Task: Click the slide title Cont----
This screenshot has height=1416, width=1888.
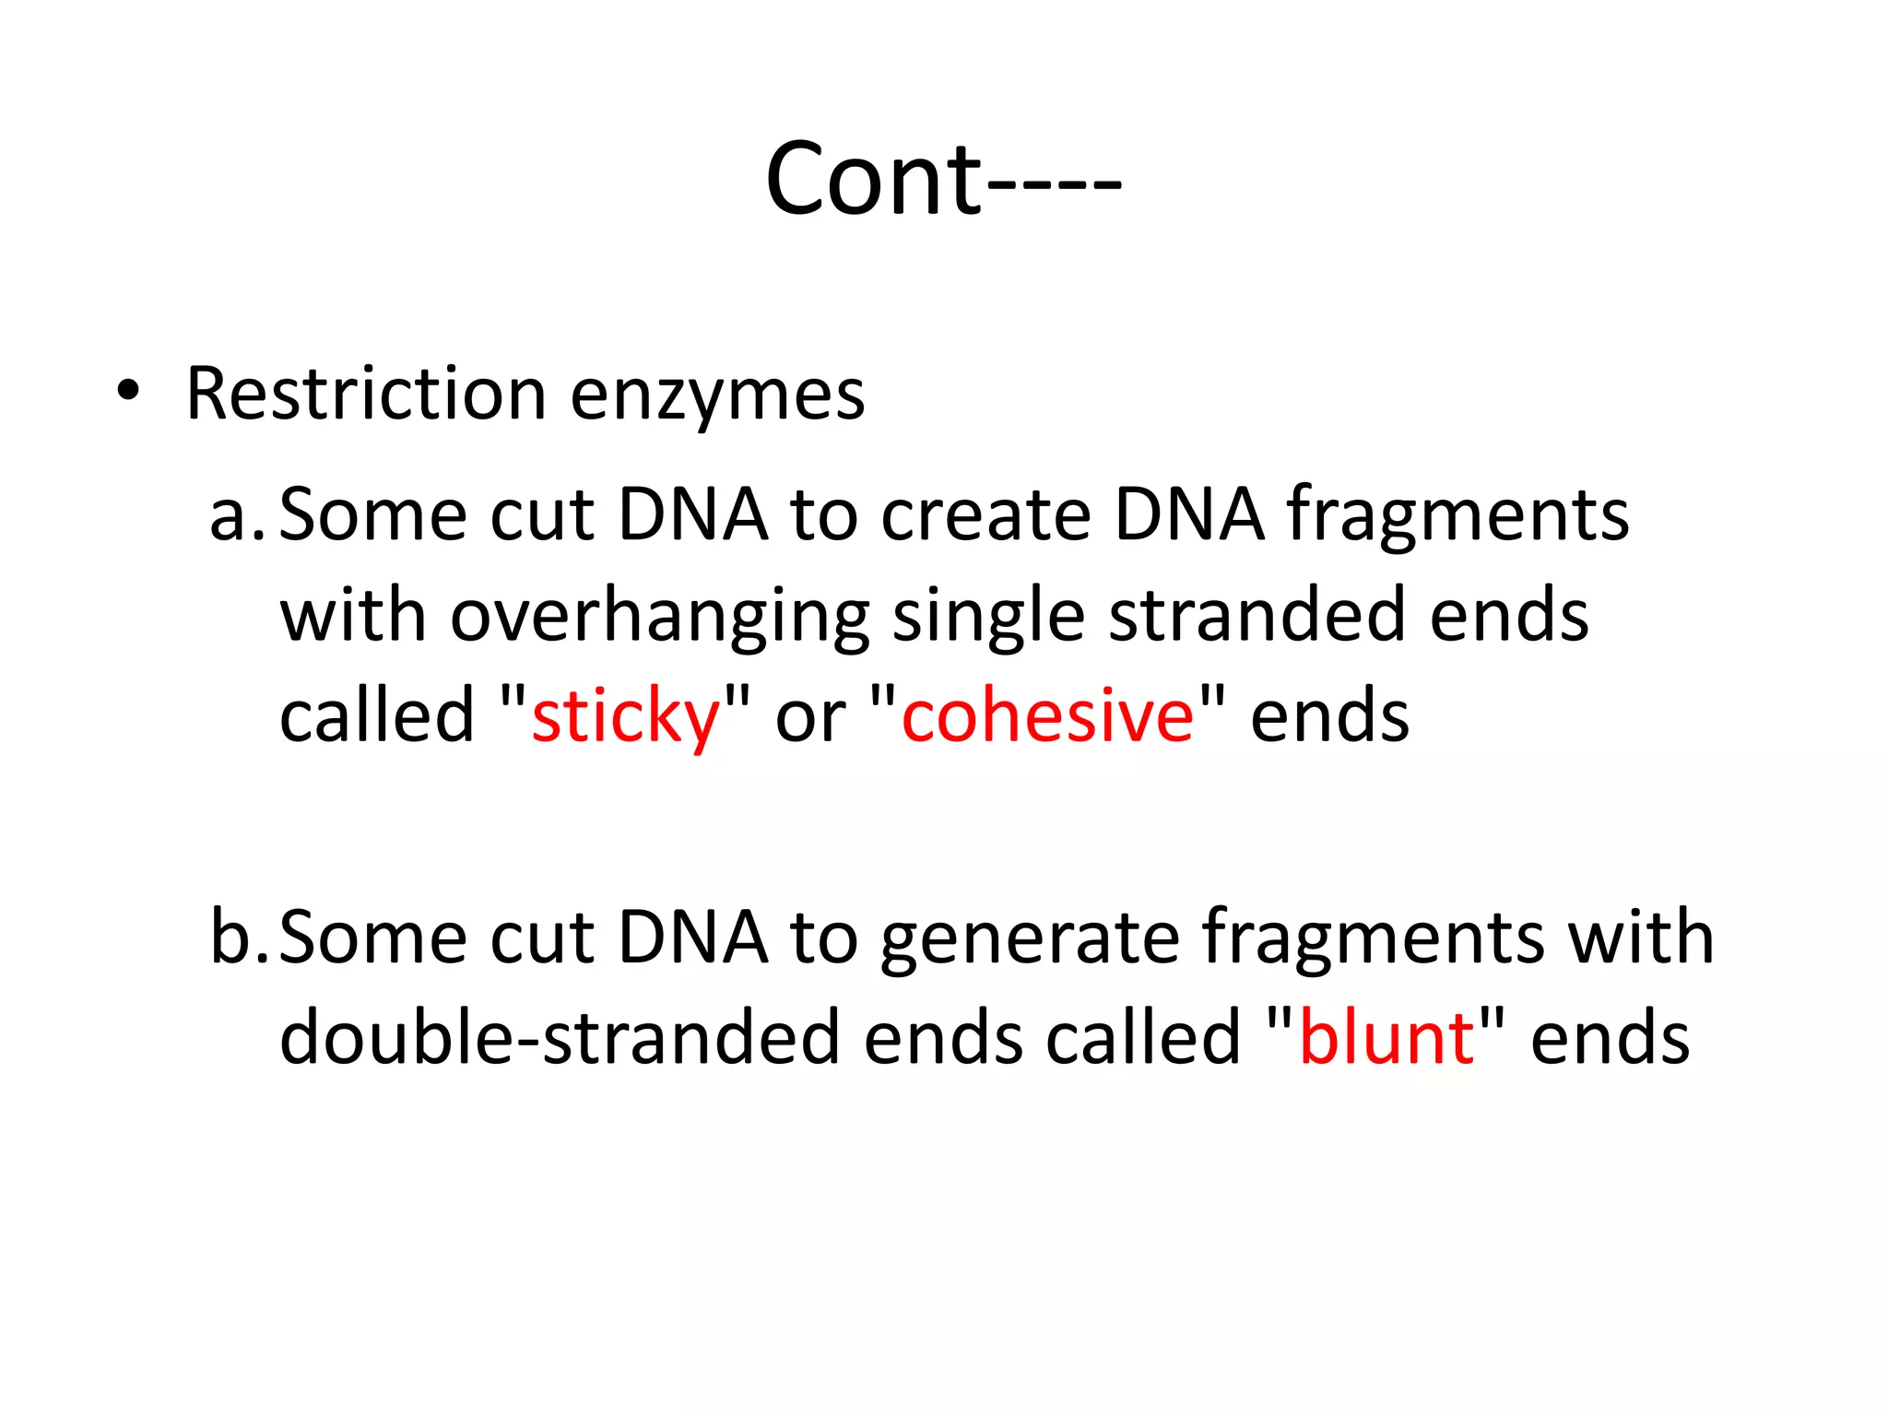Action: click(942, 180)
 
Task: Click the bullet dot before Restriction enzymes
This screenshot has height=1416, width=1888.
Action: click(128, 392)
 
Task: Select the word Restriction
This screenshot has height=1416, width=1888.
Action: click(366, 395)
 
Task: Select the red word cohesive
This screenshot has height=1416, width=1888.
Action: click(1047, 716)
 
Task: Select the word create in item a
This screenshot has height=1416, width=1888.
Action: click(985, 516)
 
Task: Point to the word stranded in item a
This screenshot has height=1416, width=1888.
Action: click(1257, 616)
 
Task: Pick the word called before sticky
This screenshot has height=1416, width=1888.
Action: click(376, 716)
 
